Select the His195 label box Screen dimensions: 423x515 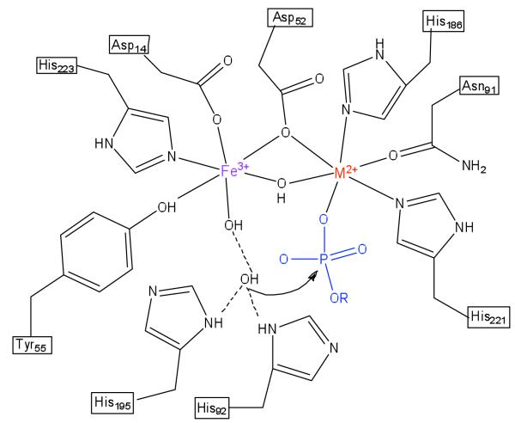tap(116, 401)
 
